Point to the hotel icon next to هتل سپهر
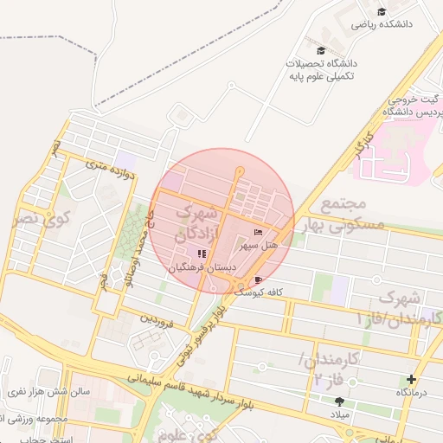258,233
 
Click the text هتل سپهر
260,247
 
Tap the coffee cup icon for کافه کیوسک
259,280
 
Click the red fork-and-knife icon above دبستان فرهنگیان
201,254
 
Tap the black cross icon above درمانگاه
411,379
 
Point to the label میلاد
337,415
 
